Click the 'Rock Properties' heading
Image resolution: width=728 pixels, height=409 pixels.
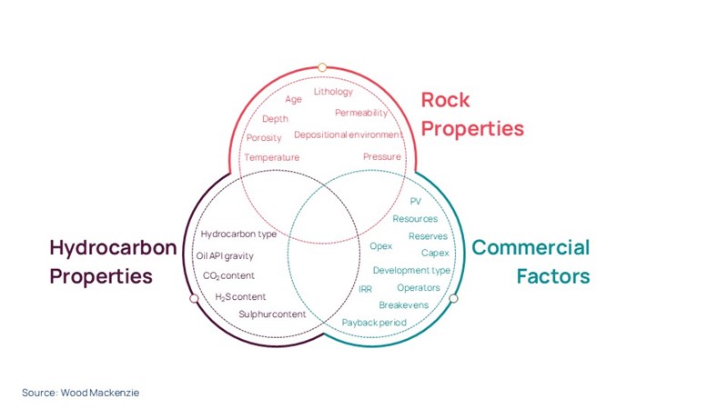click(x=471, y=115)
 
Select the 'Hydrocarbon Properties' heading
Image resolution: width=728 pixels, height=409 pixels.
click(x=113, y=262)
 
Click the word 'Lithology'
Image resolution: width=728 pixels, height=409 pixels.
click(x=333, y=92)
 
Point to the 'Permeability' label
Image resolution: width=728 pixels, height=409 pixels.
click(x=361, y=113)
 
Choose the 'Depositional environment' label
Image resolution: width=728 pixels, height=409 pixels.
click(x=348, y=135)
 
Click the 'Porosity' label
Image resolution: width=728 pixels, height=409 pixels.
click(x=264, y=138)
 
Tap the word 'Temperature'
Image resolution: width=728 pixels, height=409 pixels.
click(x=271, y=157)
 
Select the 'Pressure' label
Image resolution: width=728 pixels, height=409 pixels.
click(x=382, y=156)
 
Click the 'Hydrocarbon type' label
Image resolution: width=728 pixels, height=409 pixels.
click(x=238, y=234)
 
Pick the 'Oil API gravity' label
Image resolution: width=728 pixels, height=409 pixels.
click(x=225, y=255)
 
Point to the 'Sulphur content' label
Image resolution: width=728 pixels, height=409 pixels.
click(x=272, y=314)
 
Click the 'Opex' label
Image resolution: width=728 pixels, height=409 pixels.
click(x=381, y=246)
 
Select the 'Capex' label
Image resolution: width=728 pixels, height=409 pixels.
click(x=434, y=253)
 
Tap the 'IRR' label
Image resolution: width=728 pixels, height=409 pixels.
click(x=366, y=288)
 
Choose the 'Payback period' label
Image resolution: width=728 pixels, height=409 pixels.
click(x=374, y=322)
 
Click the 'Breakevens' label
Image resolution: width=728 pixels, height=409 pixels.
click(x=403, y=304)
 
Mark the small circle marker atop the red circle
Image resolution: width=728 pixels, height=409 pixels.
click(x=322, y=66)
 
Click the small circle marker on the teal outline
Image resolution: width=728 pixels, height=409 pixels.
click(x=454, y=298)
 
